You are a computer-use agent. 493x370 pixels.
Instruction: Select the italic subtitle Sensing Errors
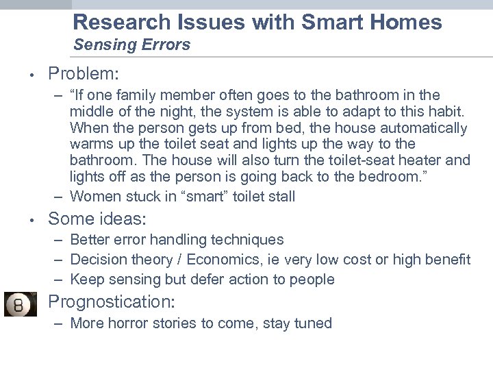pos(131,45)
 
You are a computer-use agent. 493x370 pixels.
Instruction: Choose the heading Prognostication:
pos(112,301)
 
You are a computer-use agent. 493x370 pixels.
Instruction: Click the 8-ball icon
pos(21,304)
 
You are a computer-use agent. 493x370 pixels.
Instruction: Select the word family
pos(154,95)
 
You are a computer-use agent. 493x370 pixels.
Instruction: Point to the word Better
pos(90,240)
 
